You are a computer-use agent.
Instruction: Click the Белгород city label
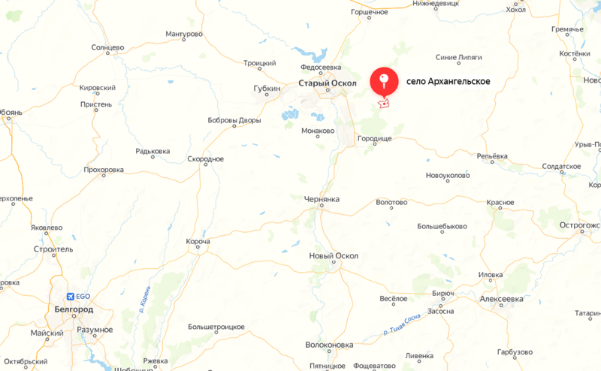[74, 309]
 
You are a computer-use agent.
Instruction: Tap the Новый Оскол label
[334, 256]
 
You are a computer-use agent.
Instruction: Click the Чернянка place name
[322, 200]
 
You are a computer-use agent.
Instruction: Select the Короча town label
[198, 242]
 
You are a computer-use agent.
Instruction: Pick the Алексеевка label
[501, 299]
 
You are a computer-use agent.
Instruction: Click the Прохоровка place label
[104, 170]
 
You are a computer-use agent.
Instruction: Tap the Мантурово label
[184, 35]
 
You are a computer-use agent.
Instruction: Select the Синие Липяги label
[458, 57]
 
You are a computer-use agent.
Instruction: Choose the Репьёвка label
[492, 156]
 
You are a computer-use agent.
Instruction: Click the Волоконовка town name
[330, 345]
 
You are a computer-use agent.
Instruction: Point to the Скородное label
[206, 159]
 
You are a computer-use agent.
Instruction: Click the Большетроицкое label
[216, 327]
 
